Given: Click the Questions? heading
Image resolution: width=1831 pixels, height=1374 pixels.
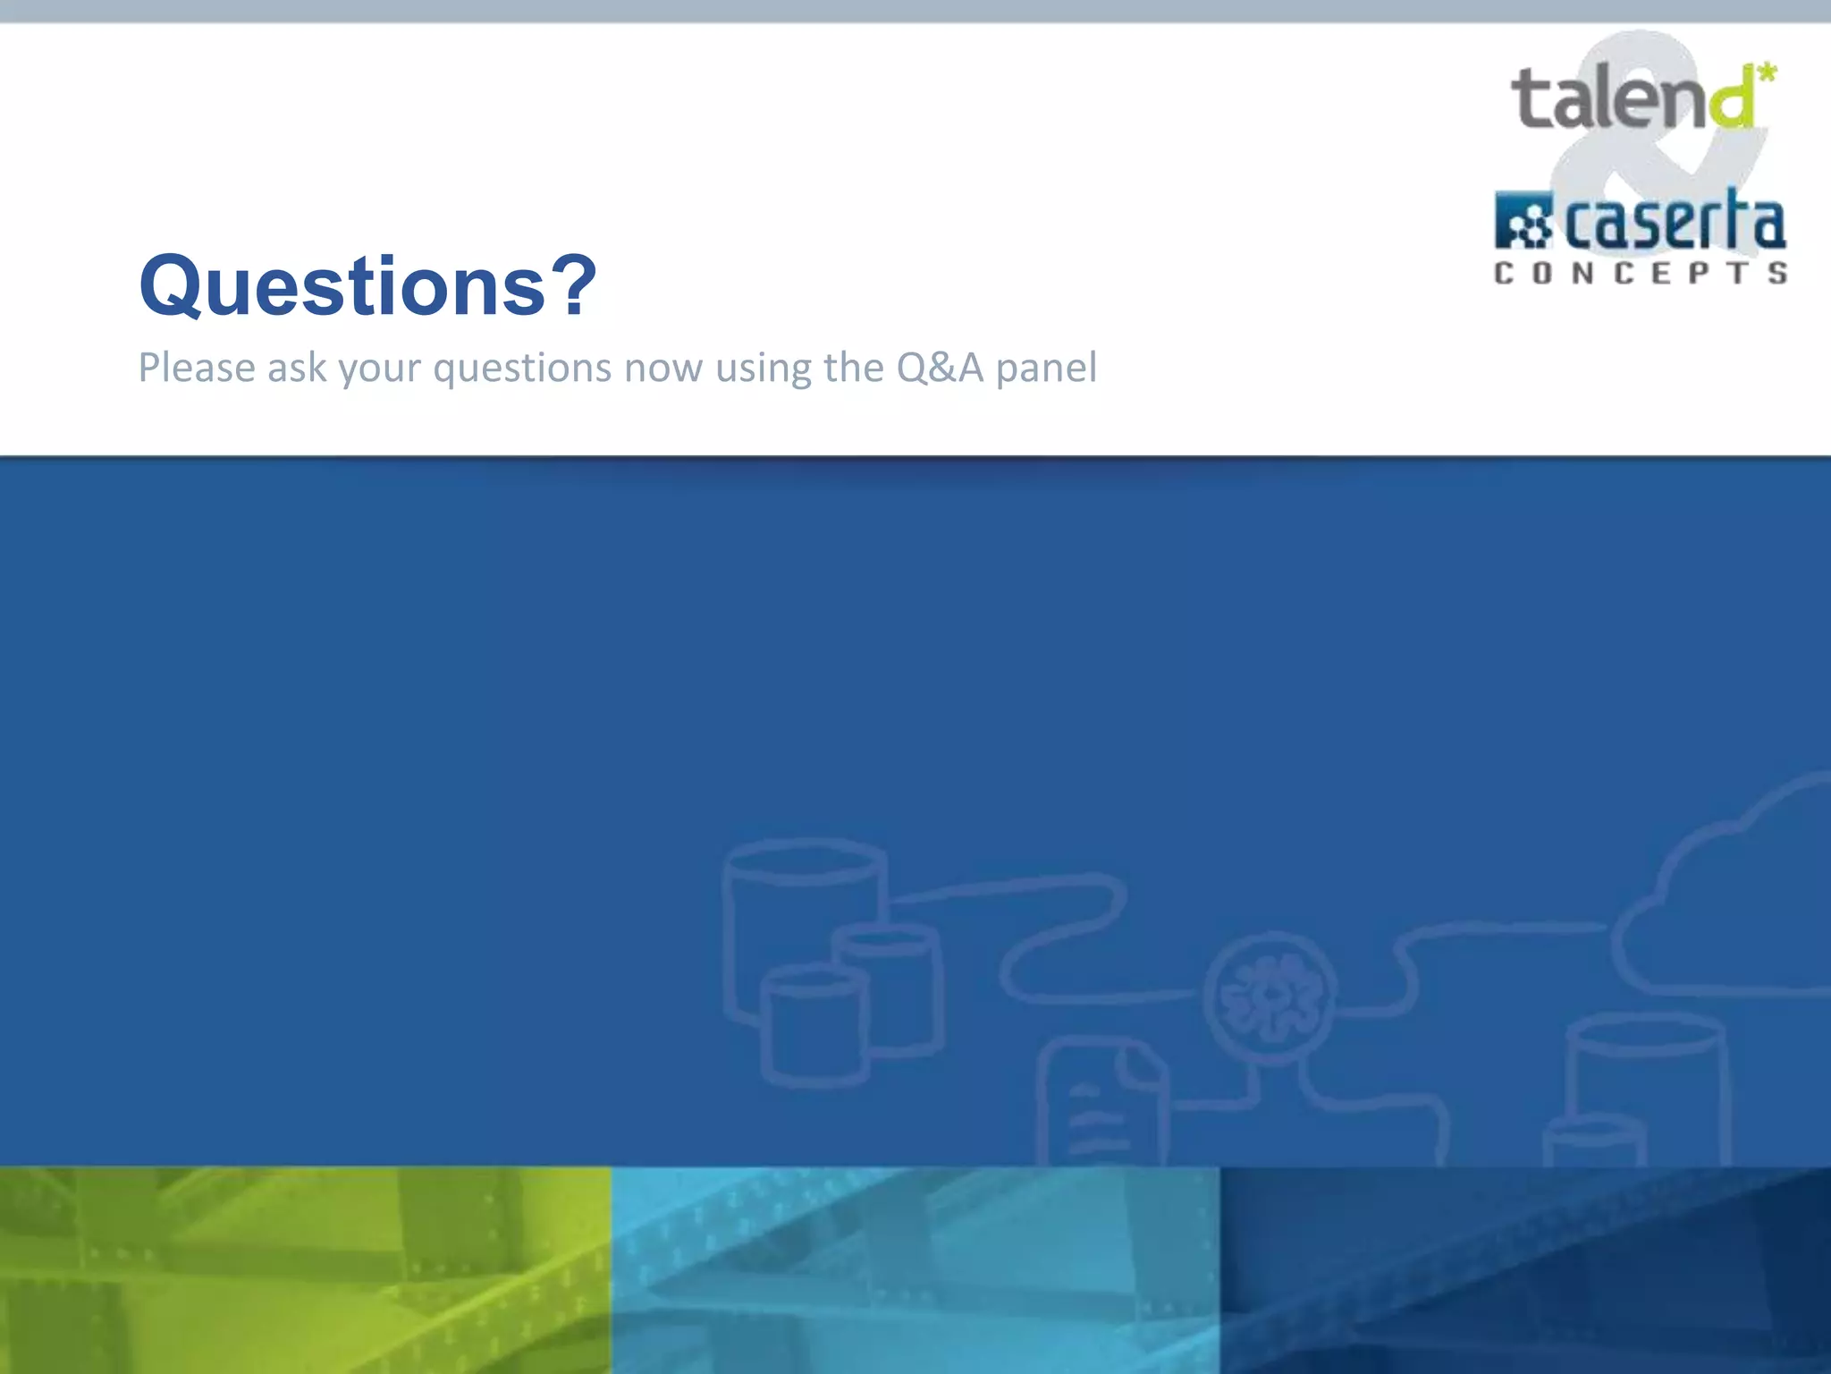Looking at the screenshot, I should click(x=367, y=286).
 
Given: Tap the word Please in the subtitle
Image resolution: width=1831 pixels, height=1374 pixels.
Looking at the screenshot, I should click(x=197, y=368).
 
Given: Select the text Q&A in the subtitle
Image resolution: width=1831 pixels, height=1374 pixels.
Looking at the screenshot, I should click(x=940, y=368).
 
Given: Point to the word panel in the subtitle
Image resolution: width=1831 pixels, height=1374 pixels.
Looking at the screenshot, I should click(x=1046, y=368).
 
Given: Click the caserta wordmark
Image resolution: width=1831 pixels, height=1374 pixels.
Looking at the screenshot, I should click(x=1675, y=222).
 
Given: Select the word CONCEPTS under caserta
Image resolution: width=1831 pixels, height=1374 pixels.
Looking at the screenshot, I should click(x=1641, y=273).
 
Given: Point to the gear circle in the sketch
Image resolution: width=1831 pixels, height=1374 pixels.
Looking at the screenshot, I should click(x=1270, y=997).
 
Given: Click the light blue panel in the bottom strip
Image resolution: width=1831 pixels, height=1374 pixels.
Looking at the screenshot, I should click(x=915, y=1270).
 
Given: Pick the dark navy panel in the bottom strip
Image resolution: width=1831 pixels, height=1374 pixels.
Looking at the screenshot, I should click(x=1525, y=1270).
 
